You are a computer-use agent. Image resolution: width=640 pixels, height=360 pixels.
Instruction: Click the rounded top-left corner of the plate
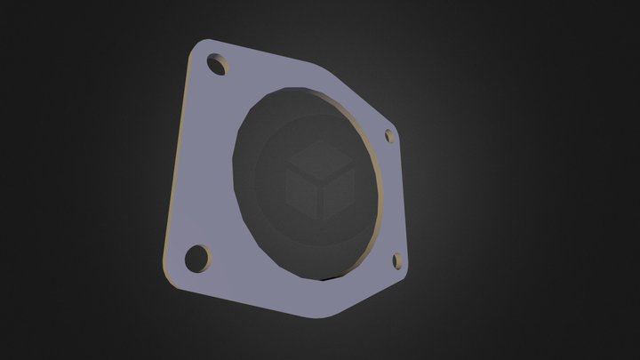197,47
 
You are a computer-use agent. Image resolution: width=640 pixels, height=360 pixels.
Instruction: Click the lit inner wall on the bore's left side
244,169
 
